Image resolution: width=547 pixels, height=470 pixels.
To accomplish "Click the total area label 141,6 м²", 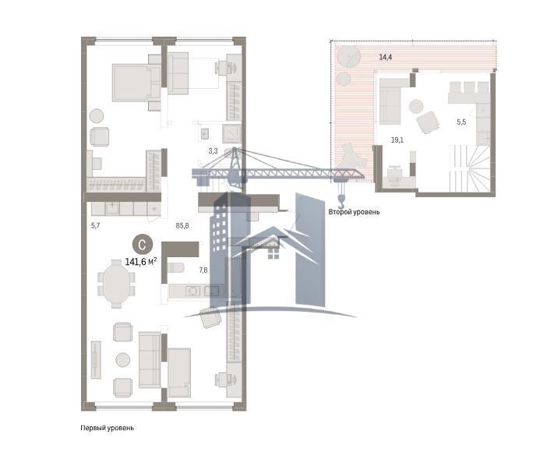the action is click(x=141, y=262).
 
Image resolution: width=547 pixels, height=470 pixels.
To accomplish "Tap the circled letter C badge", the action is click(x=143, y=245).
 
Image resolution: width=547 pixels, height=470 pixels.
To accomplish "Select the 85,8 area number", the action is click(x=182, y=226).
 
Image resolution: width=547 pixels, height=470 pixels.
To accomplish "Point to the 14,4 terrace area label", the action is click(x=386, y=57).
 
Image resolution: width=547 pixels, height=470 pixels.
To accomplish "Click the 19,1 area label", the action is click(x=397, y=140).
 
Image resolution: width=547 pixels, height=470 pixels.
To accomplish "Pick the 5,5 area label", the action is click(x=461, y=122).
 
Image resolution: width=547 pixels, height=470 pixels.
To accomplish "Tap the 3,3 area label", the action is click(x=214, y=150).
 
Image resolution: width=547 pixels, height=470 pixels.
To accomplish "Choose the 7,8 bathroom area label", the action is click(x=203, y=270).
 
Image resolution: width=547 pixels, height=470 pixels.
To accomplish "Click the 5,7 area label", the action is click(x=96, y=225).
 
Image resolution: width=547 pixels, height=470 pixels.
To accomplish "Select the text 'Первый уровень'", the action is click(x=107, y=428).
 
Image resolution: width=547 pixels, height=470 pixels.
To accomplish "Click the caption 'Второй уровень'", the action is click(x=354, y=212).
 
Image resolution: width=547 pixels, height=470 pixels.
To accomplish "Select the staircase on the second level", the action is click(x=470, y=168).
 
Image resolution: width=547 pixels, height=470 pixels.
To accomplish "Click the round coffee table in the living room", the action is click(x=123, y=360).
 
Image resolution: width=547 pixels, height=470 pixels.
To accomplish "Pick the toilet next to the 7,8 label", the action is click(x=175, y=267).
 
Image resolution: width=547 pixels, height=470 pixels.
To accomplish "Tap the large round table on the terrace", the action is click(x=349, y=57).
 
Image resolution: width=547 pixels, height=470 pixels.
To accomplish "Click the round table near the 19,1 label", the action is click(x=416, y=107).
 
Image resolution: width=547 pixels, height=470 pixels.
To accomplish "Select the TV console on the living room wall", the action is click(x=96, y=360).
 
